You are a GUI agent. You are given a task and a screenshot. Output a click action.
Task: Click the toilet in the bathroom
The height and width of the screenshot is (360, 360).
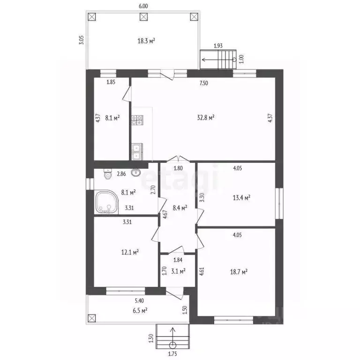click(x=107, y=174)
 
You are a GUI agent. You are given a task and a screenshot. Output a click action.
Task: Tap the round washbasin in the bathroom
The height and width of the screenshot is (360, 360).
click(x=136, y=172)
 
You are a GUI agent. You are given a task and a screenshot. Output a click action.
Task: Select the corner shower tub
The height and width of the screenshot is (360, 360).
click(x=106, y=202)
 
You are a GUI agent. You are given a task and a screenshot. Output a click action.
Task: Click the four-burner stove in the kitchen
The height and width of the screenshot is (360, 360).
click(x=137, y=120)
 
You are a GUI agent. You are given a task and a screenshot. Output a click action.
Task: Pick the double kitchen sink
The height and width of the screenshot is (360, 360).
click(x=137, y=151)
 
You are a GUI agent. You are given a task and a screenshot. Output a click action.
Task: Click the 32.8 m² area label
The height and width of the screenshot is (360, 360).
click(x=206, y=118)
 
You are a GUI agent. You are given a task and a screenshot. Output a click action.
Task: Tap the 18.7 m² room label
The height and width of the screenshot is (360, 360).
click(x=239, y=272)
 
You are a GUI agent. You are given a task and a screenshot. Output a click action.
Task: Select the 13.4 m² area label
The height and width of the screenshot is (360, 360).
click(x=241, y=197)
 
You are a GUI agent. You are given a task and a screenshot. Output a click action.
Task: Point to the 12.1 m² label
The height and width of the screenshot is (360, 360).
click(x=130, y=252)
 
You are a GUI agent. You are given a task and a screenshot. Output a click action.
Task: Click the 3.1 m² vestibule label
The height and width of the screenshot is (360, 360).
click(x=179, y=271)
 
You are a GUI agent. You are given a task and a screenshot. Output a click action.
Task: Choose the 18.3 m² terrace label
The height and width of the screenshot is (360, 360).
click(x=146, y=41)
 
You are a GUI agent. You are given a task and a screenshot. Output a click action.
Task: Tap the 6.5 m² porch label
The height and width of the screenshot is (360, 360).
click(x=140, y=311)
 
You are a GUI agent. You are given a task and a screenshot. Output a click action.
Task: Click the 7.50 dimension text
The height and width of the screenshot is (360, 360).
click(x=203, y=83)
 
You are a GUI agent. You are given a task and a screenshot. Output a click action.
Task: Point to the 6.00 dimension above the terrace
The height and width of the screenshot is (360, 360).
click(x=143, y=6)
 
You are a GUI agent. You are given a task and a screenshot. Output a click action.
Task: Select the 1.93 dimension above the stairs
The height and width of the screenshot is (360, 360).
click(x=218, y=45)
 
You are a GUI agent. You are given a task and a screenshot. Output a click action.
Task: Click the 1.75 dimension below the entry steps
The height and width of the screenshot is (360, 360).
click(x=172, y=354)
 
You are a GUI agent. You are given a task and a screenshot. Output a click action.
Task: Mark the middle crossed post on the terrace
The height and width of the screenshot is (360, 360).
click(x=144, y=17)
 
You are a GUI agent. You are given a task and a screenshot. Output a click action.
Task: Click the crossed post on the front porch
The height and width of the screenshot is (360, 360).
click(x=91, y=318)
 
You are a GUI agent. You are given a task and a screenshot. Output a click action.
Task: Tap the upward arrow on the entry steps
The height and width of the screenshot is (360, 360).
click(x=172, y=338)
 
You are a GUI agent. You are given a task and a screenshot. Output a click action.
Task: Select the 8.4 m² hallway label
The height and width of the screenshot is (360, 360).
click(x=180, y=208)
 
